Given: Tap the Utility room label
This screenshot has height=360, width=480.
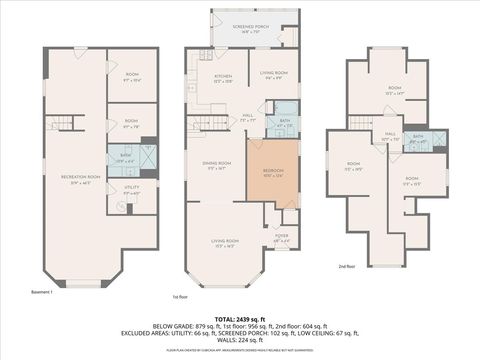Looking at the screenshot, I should [x=131, y=189].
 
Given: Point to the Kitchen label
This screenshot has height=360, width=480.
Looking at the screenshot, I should [x=223, y=79].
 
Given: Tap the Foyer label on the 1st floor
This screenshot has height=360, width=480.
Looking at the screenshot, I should [x=282, y=238].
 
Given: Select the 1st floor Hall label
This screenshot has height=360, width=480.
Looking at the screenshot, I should [x=249, y=117].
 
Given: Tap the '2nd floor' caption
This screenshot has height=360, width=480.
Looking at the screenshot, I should [x=347, y=266].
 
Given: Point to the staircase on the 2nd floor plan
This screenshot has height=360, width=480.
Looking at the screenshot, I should [x=360, y=123].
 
